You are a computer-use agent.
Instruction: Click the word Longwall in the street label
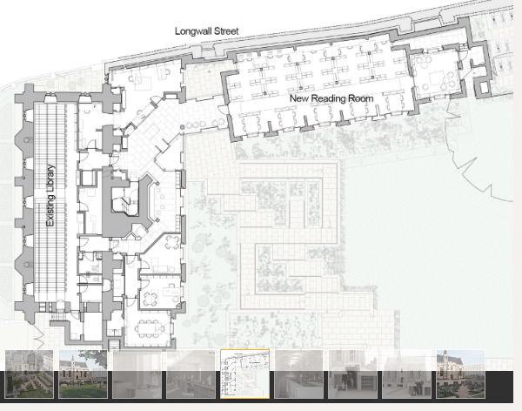tap(193, 31)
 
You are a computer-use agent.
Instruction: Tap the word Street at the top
tap(226, 31)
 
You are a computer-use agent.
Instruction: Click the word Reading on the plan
tap(327, 98)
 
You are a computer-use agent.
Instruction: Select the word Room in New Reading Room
tap(360, 98)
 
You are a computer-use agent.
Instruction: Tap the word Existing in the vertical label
tap(50, 210)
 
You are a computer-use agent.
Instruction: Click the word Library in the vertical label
tap(50, 179)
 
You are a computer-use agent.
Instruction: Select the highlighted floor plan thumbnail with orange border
tap(245, 374)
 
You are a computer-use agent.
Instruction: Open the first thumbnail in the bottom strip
tap(30, 374)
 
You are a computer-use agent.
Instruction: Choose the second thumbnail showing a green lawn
tap(84, 374)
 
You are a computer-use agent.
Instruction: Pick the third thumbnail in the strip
tap(137, 374)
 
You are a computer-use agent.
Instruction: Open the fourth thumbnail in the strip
tap(191, 374)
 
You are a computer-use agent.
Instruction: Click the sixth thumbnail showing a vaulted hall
tap(299, 374)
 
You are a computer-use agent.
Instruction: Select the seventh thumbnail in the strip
tap(353, 374)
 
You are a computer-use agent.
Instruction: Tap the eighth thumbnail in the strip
tap(407, 374)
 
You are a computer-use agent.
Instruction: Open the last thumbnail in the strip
tap(461, 374)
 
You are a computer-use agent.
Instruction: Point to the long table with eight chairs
tap(150, 328)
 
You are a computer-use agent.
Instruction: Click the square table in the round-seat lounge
tap(437, 78)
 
